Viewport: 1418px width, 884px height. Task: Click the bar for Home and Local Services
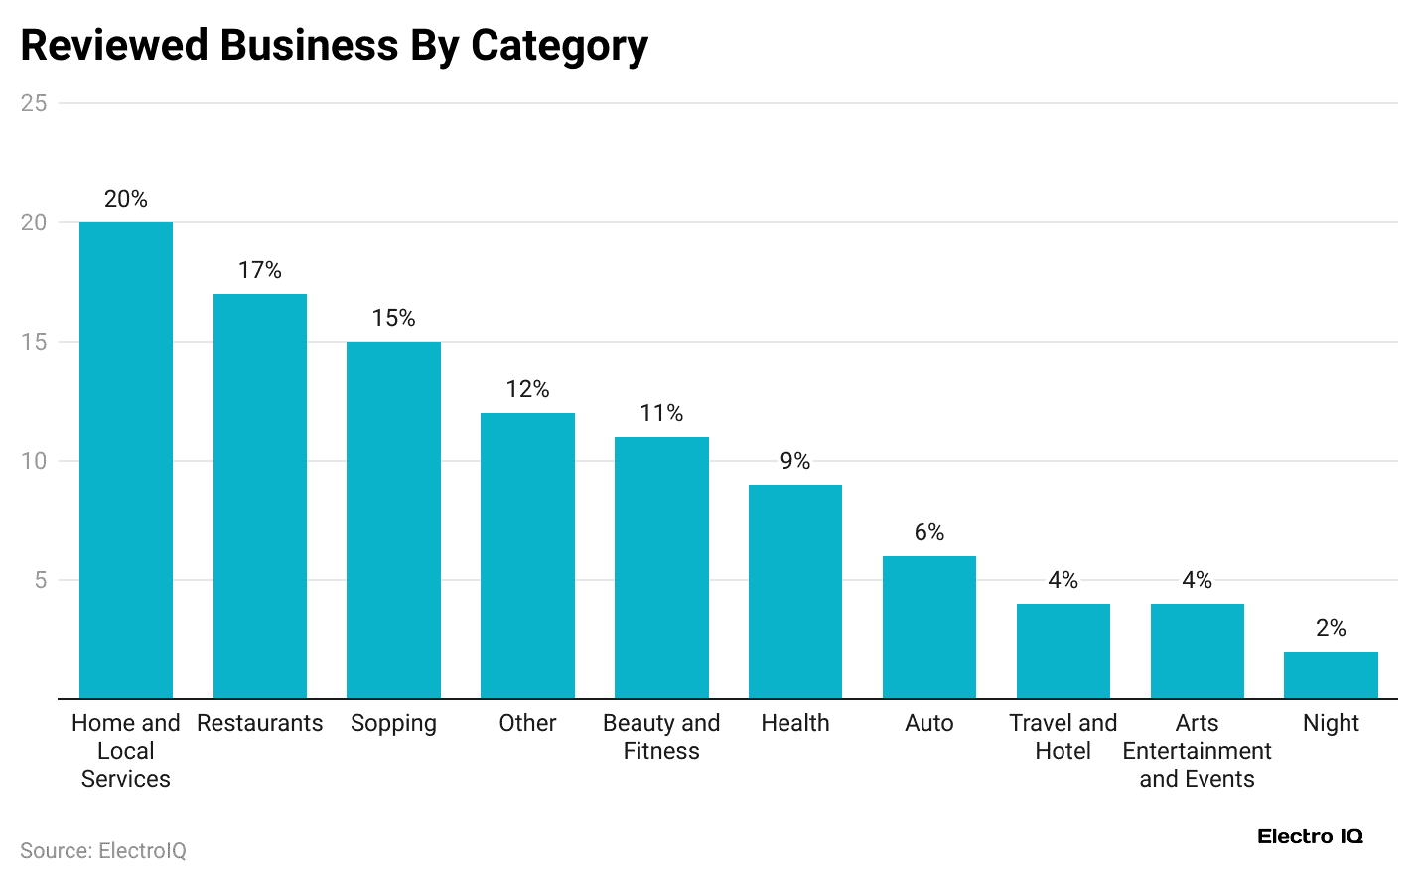[126, 460]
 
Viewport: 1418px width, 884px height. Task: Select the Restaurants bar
[260, 496]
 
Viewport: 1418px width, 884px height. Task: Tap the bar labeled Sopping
[393, 519]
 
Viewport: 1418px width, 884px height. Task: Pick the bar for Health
[795, 591]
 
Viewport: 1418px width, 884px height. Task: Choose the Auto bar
[929, 627]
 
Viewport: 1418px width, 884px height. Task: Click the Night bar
[1331, 674]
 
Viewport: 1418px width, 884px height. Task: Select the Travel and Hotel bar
[1063, 651]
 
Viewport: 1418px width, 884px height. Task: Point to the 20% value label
[126, 199]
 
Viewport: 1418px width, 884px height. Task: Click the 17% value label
[260, 270]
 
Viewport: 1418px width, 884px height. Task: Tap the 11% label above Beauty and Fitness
[661, 413]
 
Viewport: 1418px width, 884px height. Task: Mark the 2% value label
[1331, 628]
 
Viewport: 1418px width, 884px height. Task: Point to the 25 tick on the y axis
[34, 103]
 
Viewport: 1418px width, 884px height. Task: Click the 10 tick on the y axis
[34, 461]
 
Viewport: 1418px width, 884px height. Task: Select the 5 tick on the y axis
[41, 580]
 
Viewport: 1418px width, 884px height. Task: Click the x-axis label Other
[527, 723]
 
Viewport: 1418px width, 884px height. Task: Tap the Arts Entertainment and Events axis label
[1197, 751]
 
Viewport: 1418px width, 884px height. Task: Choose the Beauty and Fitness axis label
[661, 737]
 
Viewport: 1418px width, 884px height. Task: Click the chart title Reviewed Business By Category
[334, 46]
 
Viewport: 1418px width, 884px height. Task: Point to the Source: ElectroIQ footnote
[103, 851]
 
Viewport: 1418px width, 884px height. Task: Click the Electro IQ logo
[1310, 836]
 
